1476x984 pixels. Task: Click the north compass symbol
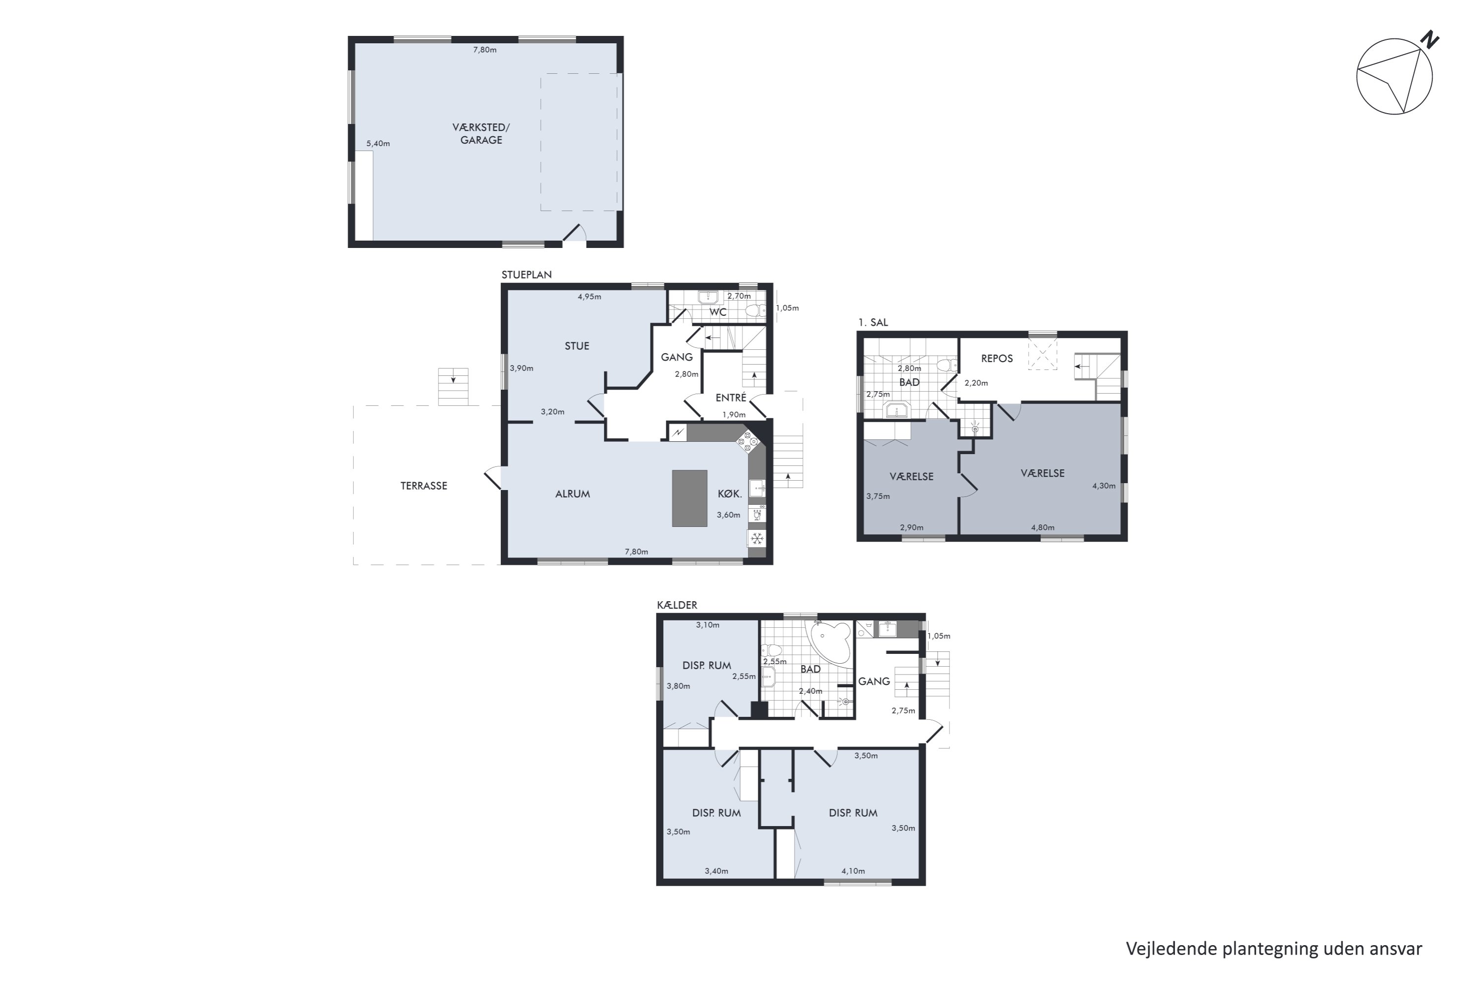pos(1394,75)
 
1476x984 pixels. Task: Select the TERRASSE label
pos(424,486)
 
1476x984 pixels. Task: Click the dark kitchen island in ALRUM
pos(690,498)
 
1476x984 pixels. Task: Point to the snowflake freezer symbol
pos(757,538)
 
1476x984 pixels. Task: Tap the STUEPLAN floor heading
pos(526,275)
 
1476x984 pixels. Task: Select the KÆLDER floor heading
pos(677,605)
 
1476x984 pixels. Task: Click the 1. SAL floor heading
pos(873,323)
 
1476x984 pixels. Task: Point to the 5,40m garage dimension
pos(378,144)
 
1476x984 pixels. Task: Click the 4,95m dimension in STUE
pos(589,297)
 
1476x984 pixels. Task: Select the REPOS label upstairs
pos(997,359)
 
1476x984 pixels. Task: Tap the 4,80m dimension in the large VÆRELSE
pos(1043,528)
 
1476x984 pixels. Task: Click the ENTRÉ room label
pos(731,398)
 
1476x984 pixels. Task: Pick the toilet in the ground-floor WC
pos(755,310)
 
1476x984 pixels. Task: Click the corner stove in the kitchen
pos(747,441)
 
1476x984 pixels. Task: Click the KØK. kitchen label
pos(730,494)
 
